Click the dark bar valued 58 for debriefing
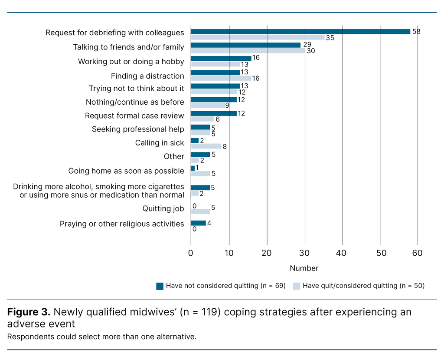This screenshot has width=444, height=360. [300, 31]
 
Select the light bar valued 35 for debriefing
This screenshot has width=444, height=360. [258, 37]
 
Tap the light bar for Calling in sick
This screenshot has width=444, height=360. [206, 146]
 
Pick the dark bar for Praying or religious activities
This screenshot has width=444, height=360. [198, 223]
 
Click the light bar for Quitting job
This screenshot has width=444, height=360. [200, 211]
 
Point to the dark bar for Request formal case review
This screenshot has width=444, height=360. [213, 113]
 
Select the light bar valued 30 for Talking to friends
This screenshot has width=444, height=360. [248, 51]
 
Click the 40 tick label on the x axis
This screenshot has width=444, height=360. [343, 254]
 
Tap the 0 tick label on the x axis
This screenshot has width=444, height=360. [191, 254]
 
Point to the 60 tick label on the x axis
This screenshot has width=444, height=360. [418, 254]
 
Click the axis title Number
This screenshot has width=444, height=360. [304, 268]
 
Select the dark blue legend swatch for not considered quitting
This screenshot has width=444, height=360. [160, 286]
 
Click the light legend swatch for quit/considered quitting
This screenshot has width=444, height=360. [297, 286]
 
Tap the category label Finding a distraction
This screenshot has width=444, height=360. [147, 76]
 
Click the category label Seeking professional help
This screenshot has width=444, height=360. [138, 129]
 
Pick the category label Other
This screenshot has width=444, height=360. [174, 156]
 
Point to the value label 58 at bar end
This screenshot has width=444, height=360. [416, 32]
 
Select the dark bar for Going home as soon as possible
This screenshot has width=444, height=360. [193, 168]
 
